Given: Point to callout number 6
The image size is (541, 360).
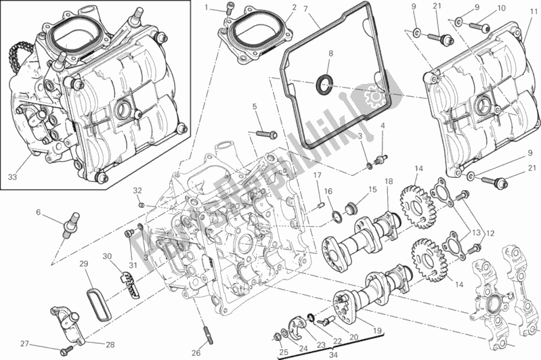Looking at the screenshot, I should tap(39, 212).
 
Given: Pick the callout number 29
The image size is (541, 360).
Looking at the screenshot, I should tap(83, 263).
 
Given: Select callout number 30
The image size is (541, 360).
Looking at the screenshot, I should tap(106, 256).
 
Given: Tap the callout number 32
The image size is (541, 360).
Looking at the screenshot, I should tap(136, 189).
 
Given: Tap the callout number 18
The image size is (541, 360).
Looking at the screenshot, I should tap(389, 182).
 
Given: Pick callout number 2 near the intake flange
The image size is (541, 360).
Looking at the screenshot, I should tap(275, 7).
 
